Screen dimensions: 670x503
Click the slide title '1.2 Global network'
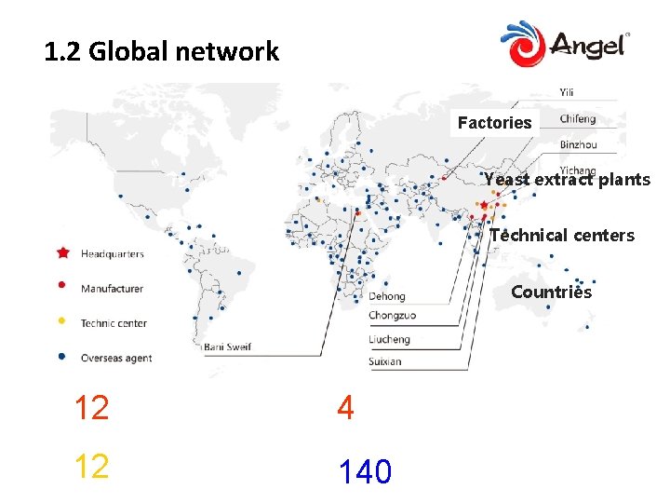(161, 51)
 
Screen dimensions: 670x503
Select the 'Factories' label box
(495, 122)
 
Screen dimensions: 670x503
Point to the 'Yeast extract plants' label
(567, 180)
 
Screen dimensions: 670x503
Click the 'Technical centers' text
(562, 235)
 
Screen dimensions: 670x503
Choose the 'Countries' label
(551, 292)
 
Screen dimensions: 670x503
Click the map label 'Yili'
(568, 92)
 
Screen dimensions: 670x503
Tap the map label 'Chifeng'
(578, 119)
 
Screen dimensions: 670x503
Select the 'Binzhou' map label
(578, 144)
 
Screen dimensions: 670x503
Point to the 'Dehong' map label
(387, 296)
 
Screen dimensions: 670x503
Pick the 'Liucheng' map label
(389, 339)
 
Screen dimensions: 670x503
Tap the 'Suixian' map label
(384, 360)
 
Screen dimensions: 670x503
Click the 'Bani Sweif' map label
(229, 347)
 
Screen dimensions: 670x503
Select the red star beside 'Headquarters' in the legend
(63, 252)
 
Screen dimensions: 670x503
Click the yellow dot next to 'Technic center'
(62, 322)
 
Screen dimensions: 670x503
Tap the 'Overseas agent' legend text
(115, 358)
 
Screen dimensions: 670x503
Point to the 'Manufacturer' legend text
(112, 289)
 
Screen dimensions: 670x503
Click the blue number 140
(365, 472)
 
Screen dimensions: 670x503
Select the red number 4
(345, 408)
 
